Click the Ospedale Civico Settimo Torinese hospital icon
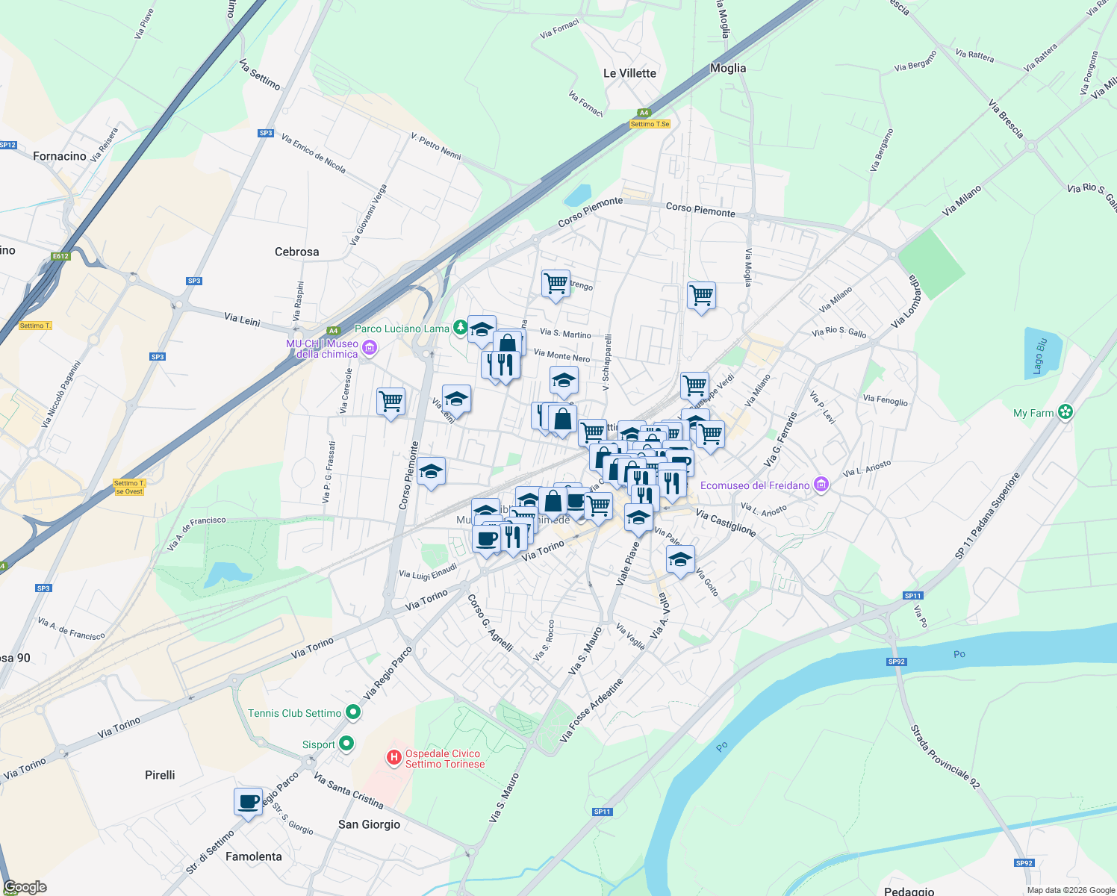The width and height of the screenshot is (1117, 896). pos(393,759)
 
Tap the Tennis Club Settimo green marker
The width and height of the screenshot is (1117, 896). pos(353,713)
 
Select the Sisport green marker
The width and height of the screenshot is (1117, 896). pos(346,744)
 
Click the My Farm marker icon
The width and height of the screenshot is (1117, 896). pos(1065,412)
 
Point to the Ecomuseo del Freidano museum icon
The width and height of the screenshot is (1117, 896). pos(821,485)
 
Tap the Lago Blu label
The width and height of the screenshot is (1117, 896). pos(1040,356)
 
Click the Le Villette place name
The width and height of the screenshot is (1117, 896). pos(629,73)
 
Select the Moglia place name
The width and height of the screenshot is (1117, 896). pos(728,68)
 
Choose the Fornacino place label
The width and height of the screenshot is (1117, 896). pos(60,156)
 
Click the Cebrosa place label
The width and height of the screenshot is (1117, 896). pos(296,252)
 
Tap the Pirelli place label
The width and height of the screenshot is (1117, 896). pos(160,775)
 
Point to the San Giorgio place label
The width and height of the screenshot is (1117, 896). pos(369,824)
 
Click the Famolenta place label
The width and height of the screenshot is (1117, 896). pos(254,856)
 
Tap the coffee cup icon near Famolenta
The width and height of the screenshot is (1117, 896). pos(249,802)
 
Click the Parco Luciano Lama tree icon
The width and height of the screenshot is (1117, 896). pos(461,327)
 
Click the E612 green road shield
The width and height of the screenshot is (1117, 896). pos(60,257)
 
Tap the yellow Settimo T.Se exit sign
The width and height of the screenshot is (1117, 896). pos(650,124)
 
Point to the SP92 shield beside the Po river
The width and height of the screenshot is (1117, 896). pos(896,662)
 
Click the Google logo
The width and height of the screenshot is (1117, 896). pos(25,887)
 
